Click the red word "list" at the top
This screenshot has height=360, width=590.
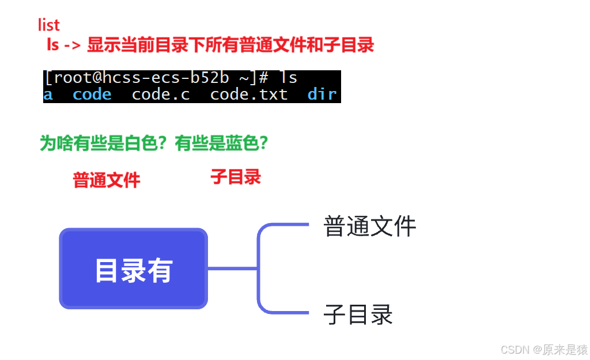point(49,25)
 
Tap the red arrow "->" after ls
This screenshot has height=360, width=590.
point(72,45)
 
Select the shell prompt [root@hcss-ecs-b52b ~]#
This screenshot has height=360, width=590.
point(156,78)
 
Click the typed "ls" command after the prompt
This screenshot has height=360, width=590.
point(288,78)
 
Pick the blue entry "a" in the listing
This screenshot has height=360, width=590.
point(48,95)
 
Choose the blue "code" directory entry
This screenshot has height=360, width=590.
point(92,95)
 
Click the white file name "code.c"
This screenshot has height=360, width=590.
point(161,95)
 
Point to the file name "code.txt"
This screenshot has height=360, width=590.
point(249,95)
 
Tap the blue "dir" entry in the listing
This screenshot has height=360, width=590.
point(322,95)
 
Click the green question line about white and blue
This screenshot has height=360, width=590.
point(154,143)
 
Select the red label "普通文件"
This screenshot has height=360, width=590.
point(107,180)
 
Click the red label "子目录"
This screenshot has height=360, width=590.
point(236,177)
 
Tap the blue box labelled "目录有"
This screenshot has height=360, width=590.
point(133,268)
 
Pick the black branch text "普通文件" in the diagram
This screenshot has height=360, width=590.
point(369,226)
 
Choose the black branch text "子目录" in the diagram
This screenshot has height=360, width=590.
point(358,314)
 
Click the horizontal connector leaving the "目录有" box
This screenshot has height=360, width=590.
point(232,268)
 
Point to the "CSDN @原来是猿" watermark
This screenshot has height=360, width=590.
point(544,349)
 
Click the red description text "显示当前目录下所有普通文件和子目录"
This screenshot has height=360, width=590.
point(230,45)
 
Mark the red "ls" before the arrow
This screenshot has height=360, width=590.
point(53,45)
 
